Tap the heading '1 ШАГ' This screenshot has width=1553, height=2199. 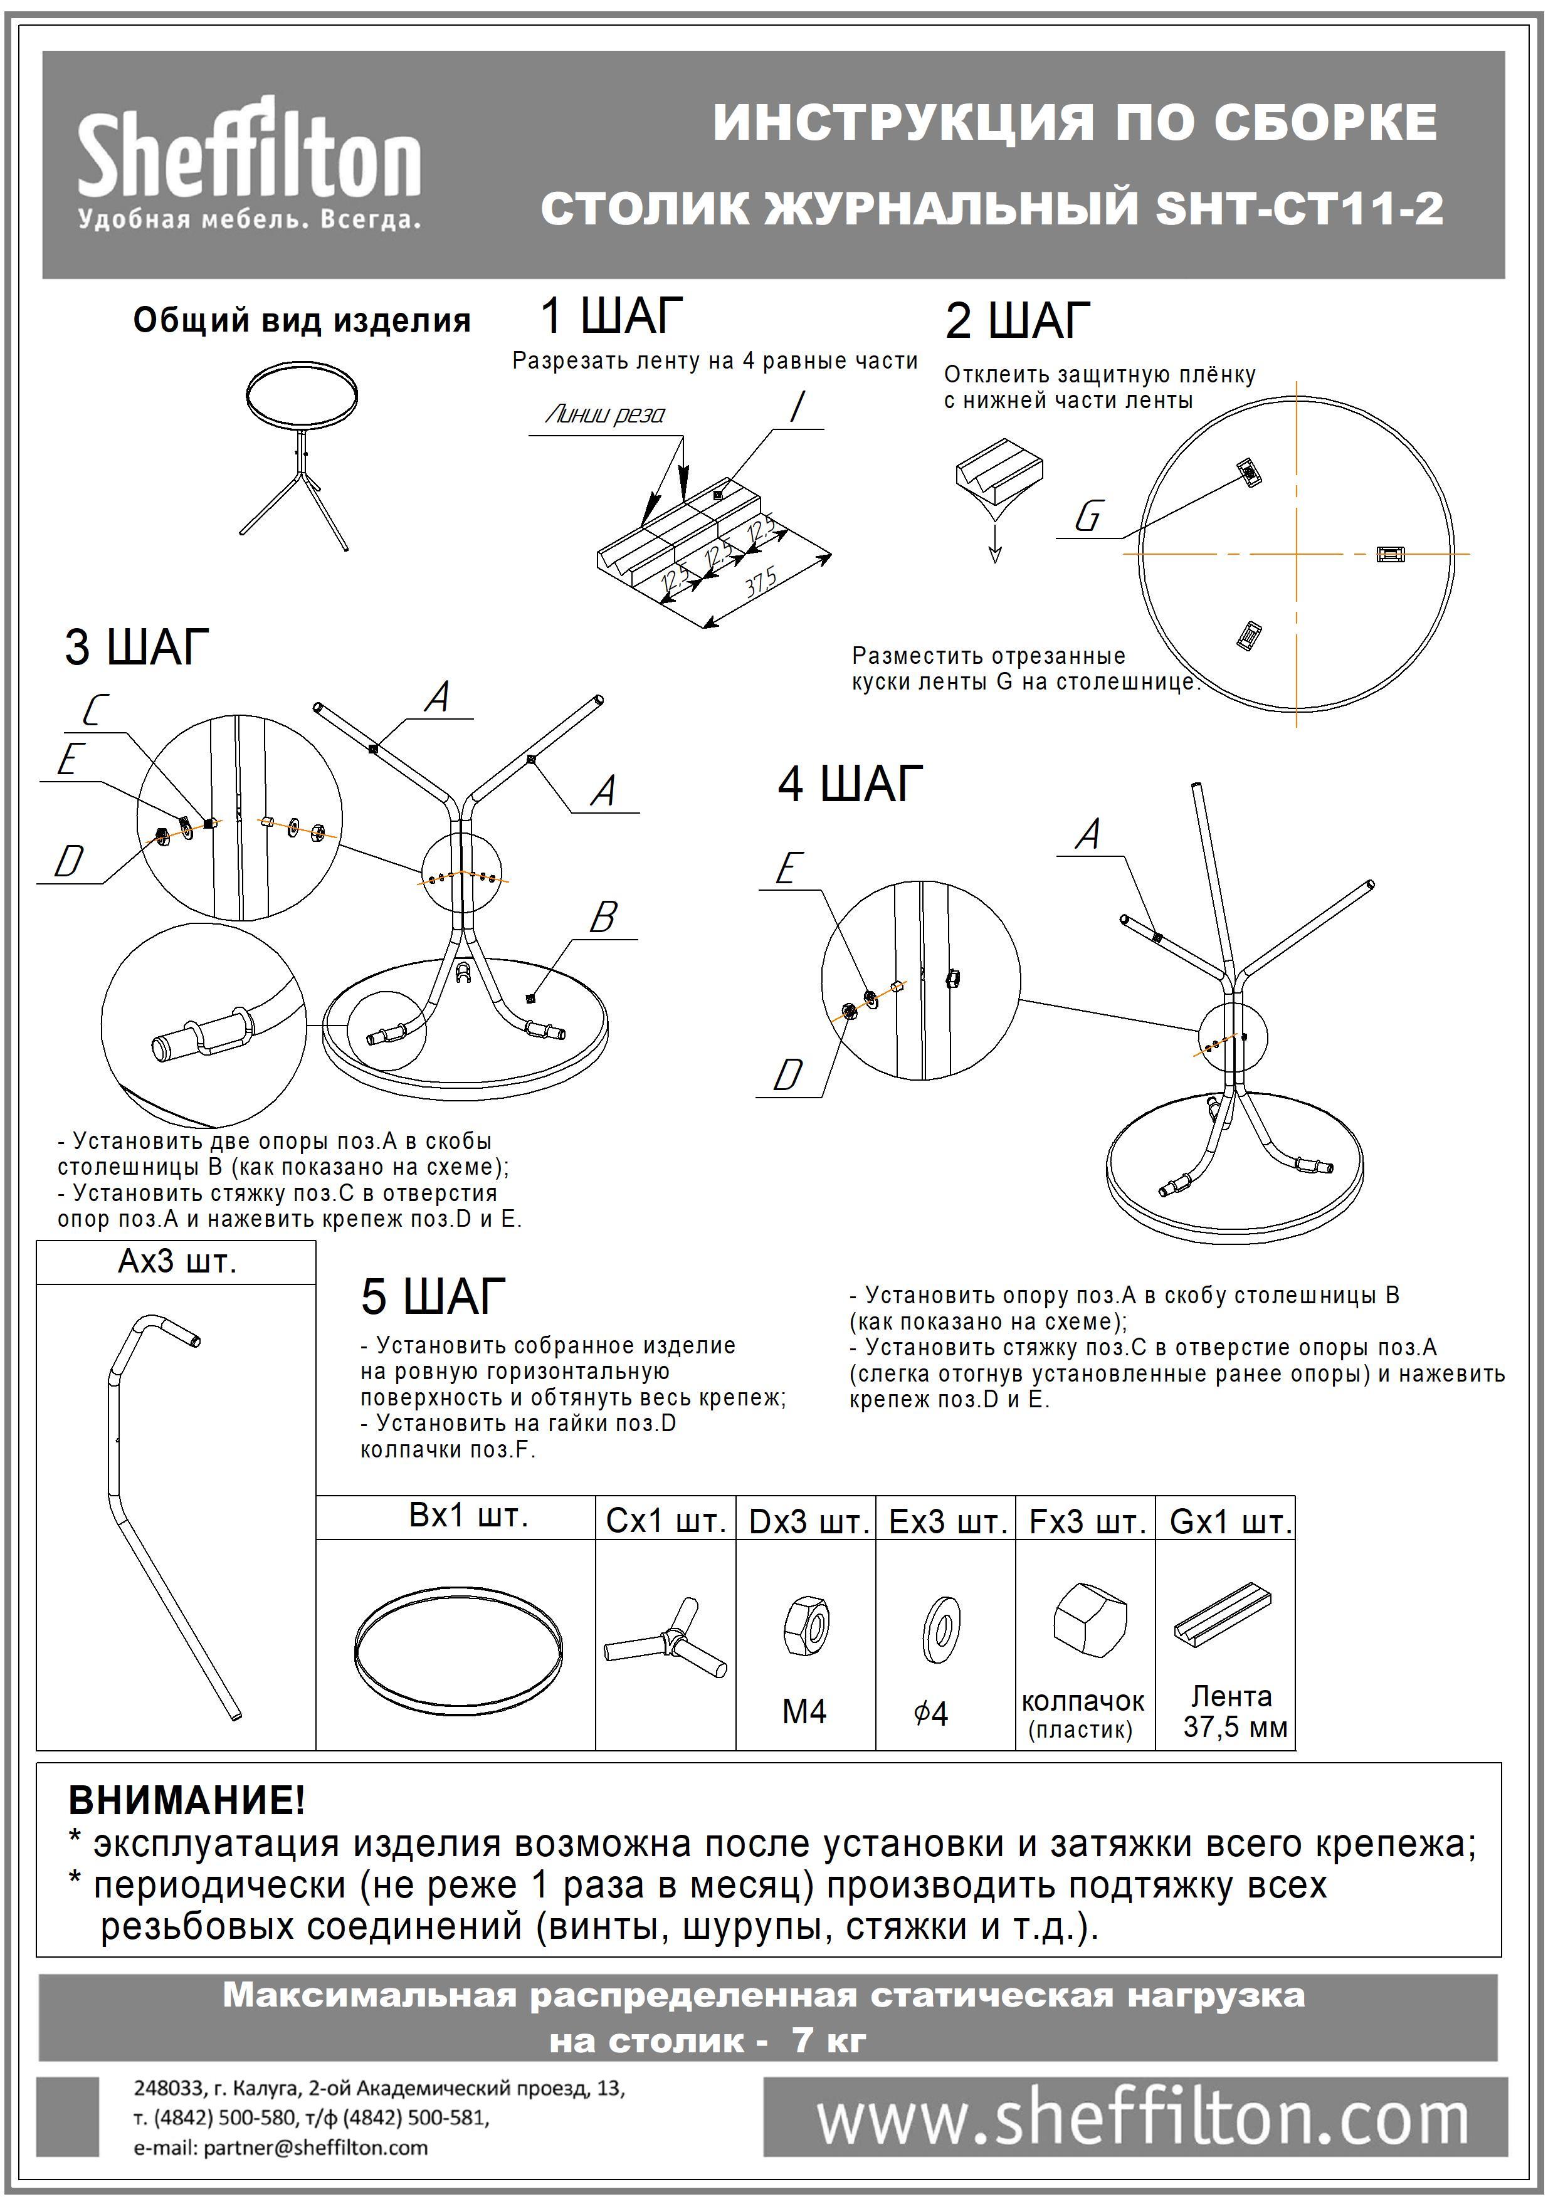(612, 315)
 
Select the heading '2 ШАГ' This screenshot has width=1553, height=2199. (1018, 321)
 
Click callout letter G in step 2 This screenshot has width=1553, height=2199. (1089, 518)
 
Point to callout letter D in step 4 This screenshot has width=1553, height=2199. (787, 1076)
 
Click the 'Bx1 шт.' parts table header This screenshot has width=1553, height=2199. (468, 1516)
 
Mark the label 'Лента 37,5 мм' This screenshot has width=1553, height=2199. (1234, 1711)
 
